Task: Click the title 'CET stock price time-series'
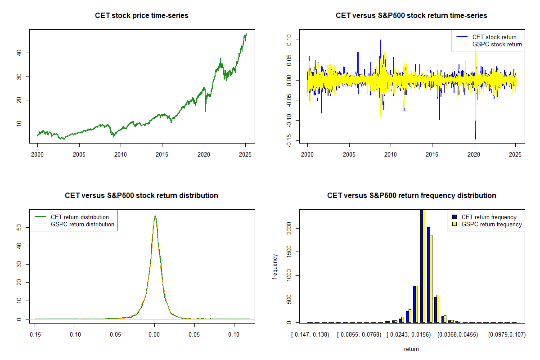point(141,16)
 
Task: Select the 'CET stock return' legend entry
point(494,37)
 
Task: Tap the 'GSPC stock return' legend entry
point(497,44)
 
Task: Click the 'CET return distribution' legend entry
point(80,217)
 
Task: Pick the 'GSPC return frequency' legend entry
point(491,224)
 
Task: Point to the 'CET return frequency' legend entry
point(489,217)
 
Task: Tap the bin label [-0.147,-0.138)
point(310,334)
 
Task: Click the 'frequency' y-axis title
point(275,266)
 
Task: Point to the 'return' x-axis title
point(411,349)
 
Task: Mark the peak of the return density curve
point(155,216)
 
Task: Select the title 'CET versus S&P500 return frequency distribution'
point(411,196)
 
